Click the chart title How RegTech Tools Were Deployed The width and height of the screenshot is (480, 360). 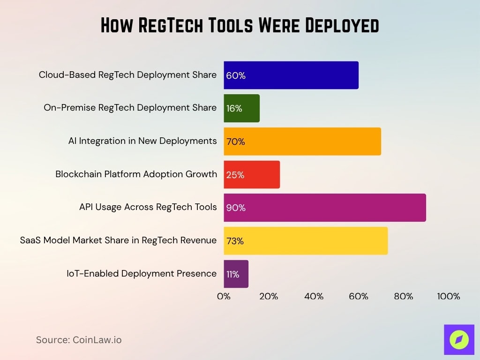(x=240, y=25)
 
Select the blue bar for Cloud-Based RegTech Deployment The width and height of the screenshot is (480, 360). (x=291, y=75)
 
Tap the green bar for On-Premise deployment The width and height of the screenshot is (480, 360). (x=241, y=108)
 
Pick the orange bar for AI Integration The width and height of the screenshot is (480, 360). (x=302, y=142)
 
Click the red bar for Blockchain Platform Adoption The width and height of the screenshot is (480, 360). (x=252, y=175)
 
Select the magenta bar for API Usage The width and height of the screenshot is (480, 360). (x=325, y=208)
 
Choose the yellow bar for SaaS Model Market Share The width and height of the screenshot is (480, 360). (x=306, y=241)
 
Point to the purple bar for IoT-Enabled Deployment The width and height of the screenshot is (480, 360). (x=236, y=274)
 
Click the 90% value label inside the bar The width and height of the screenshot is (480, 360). (x=236, y=208)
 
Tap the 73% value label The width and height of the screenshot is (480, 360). (x=235, y=241)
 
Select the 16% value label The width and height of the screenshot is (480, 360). (x=234, y=108)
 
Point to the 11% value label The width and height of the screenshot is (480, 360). (x=233, y=274)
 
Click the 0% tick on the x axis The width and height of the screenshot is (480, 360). (x=224, y=296)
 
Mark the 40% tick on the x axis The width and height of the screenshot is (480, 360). (x=314, y=296)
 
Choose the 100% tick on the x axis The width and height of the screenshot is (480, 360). (x=449, y=296)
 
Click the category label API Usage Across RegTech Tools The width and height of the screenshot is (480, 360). (x=148, y=207)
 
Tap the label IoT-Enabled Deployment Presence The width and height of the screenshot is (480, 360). (x=142, y=273)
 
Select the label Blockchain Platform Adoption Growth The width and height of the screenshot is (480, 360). (x=136, y=174)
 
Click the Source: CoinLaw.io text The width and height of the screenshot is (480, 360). (x=79, y=340)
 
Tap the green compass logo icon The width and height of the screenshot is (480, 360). (x=459, y=339)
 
